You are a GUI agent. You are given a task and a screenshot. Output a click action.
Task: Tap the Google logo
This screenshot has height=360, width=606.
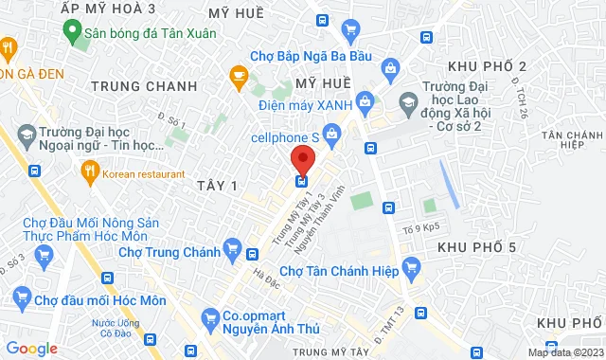(x=32, y=349)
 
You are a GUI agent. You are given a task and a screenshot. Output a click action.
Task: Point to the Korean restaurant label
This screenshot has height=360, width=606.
(x=144, y=174)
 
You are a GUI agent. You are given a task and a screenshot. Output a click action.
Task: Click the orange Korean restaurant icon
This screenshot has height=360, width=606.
(x=91, y=171)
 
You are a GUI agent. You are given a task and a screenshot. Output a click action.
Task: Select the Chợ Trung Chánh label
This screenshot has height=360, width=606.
(x=170, y=252)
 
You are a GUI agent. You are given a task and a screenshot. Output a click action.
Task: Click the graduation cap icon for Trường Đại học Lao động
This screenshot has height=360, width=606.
(x=408, y=100)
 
